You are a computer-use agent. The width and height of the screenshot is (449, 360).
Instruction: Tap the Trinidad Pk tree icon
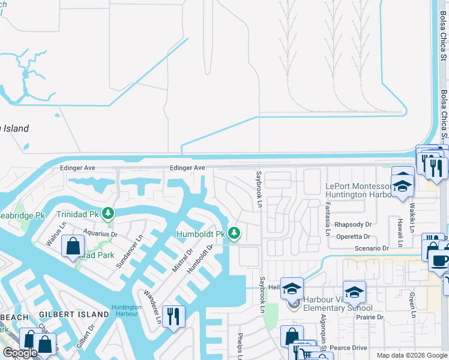108,214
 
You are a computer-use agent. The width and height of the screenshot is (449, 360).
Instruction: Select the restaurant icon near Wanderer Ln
173,316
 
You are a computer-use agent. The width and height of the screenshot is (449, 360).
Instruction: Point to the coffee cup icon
439,261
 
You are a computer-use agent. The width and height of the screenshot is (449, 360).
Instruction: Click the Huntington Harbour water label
126,310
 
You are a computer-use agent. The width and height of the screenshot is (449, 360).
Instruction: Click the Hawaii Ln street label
399,229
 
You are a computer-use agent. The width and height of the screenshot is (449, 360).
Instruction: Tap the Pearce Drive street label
348,347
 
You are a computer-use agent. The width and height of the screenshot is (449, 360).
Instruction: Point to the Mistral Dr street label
181,257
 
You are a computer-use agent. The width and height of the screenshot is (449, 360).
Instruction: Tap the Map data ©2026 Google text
411,355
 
